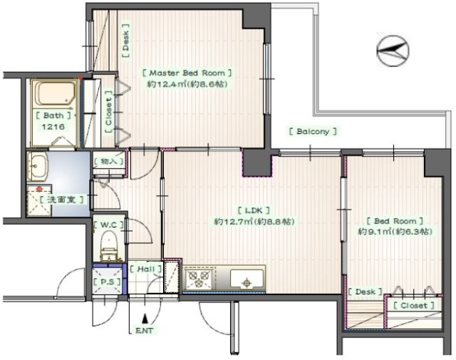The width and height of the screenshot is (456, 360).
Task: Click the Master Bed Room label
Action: coord(187,73)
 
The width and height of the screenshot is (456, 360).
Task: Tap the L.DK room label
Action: coord(254,210)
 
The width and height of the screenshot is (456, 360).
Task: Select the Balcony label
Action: coord(313,132)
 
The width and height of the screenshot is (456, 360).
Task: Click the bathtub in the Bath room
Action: coord(55,93)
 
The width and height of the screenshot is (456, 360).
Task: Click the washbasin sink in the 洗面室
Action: coord(37,165)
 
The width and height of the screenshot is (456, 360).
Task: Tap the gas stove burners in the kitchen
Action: coord(198,279)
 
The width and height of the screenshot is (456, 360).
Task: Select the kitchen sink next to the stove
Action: coord(247,279)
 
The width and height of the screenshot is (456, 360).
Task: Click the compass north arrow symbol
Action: coord(393,51)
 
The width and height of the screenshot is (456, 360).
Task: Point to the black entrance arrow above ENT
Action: coord(145,319)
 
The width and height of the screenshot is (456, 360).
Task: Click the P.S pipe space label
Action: coord(107,282)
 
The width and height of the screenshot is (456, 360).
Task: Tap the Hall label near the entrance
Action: coord(145,269)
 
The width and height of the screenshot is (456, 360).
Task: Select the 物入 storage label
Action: coord(108,161)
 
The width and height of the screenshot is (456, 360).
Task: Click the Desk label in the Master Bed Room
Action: coord(125,41)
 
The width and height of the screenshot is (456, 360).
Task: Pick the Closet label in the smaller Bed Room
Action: coord(414,306)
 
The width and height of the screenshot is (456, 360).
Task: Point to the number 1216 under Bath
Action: coord(53,127)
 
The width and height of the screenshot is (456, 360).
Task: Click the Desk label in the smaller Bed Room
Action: coord(366,292)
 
